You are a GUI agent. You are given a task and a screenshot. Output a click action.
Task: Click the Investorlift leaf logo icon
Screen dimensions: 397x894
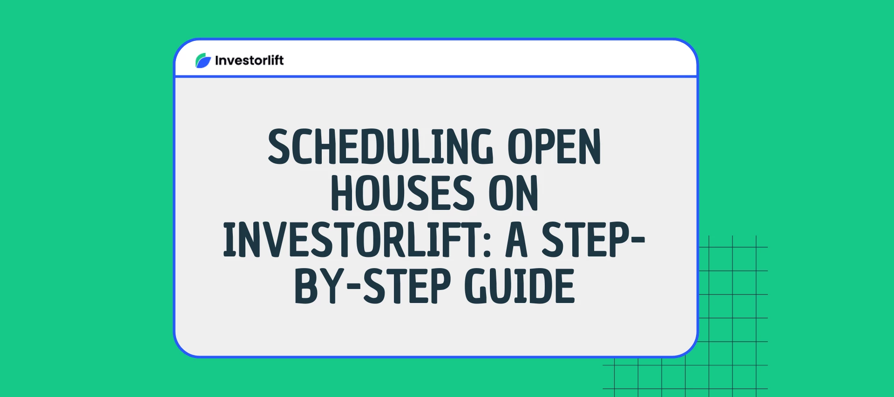pyautogui.click(x=203, y=61)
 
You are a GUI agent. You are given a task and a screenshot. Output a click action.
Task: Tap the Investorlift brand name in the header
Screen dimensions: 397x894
pyautogui.click(x=249, y=61)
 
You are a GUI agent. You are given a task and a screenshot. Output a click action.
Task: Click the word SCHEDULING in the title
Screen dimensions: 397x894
pyautogui.click(x=380, y=147)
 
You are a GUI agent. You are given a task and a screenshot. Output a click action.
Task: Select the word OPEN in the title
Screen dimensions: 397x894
pyautogui.click(x=554, y=147)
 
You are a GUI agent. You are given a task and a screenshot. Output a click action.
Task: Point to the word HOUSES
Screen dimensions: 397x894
pyautogui.click(x=402, y=193)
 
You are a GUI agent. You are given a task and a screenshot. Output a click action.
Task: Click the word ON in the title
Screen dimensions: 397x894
pyautogui.click(x=513, y=193)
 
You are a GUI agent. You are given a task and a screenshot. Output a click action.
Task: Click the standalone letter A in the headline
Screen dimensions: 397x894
pyautogui.click(x=516, y=240)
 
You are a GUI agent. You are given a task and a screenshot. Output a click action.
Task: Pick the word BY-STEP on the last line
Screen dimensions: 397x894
pyautogui.click(x=372, y=286)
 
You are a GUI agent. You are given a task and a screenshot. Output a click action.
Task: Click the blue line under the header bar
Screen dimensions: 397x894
pyautogui.click(x=435, y=76)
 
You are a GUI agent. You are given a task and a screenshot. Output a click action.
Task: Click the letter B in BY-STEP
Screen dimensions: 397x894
pyautogui.click(x=306, y=286)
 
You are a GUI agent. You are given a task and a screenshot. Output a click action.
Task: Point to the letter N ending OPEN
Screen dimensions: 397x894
pyautogui.click(x=589, y=147)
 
